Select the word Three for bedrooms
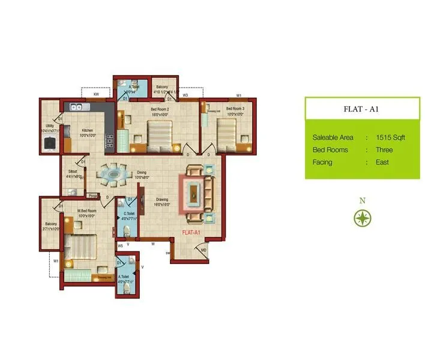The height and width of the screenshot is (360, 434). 385,149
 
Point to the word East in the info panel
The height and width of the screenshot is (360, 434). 382,162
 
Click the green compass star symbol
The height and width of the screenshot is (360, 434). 361,218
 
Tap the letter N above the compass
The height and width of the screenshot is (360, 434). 361,201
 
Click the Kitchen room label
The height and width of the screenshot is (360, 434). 88,130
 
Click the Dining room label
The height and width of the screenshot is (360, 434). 142,173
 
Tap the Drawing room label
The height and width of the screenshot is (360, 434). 162,200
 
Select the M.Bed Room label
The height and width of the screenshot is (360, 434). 88,210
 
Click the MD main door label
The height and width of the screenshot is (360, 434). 204,250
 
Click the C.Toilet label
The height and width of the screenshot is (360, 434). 129,214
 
